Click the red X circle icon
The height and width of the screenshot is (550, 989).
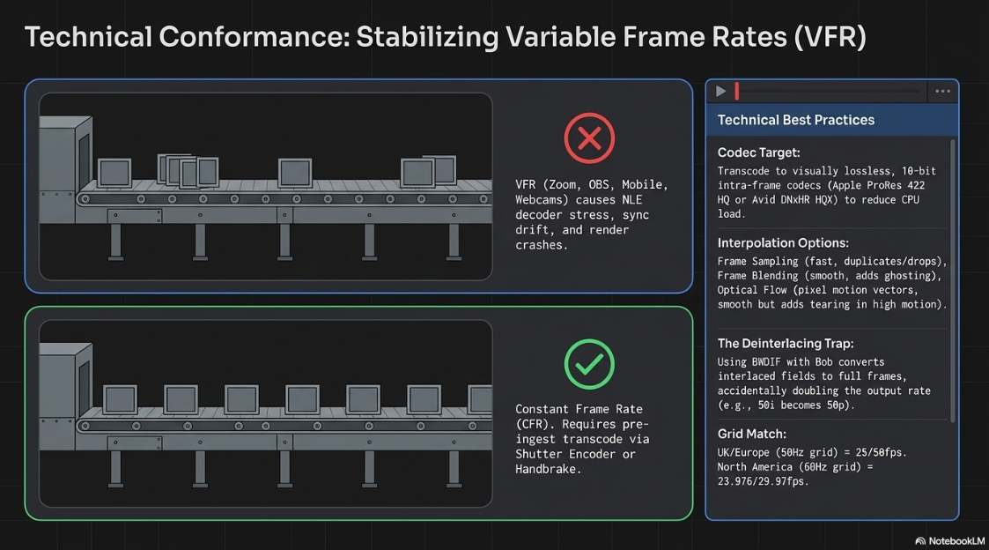coord(589,138)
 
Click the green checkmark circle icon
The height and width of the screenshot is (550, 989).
coord(589,364)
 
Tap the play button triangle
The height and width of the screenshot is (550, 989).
coord(720,92)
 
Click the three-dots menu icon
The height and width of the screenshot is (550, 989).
coord(942,92)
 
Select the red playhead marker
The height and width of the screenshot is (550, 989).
coord(737,92)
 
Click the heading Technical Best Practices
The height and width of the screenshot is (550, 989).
coord(796,120)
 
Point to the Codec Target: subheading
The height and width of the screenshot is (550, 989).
coord(759,152)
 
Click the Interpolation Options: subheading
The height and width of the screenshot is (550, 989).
coord(783,243)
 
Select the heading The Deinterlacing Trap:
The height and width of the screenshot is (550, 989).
coord(786,344)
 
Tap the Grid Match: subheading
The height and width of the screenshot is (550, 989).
coord(752,434)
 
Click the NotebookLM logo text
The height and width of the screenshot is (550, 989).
coord(956,541)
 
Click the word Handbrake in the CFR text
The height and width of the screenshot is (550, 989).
coord(545,469)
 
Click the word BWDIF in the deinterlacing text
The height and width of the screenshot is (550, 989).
coord(766,362)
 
